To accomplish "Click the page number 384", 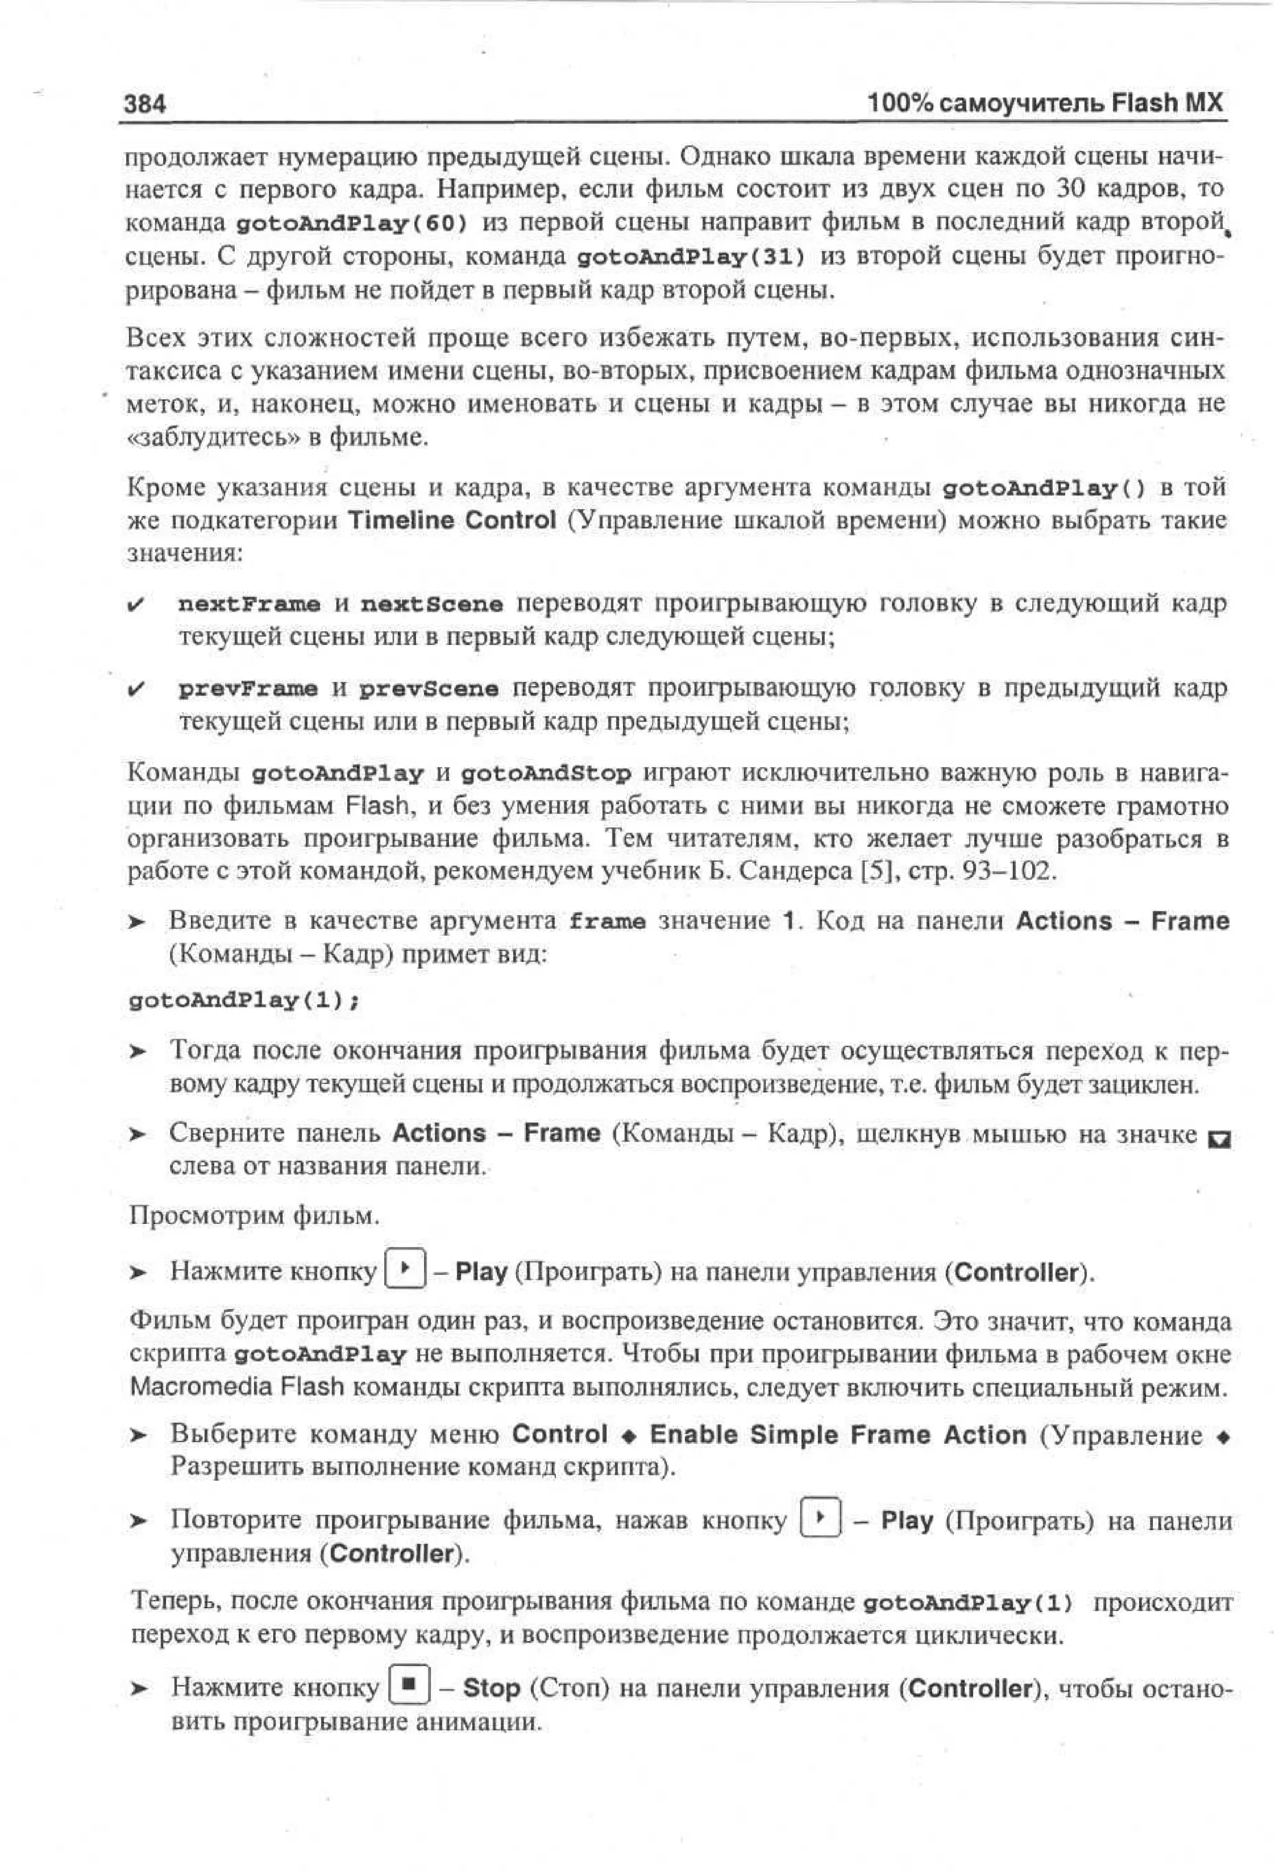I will tap(145, 104).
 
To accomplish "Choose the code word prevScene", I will tap(428, 689).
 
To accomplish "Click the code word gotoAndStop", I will tap(546, 773).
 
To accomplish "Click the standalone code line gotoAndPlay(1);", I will tap(244, 1000).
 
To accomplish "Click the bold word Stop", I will tap(491, 1686).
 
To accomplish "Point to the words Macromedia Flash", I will tap(237, 1387).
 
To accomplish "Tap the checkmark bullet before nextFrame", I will tap(137, 604).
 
